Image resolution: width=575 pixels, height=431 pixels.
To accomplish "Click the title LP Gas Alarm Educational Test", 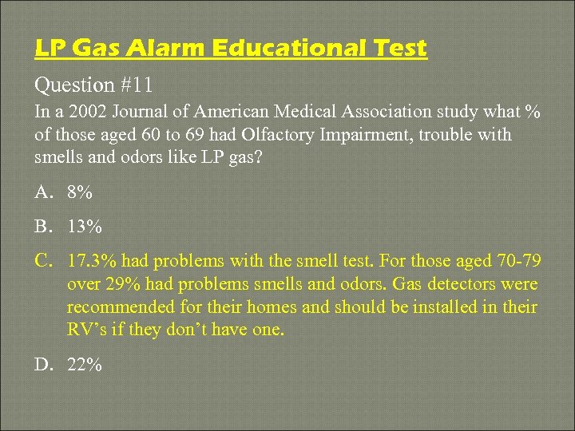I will click(231, 49).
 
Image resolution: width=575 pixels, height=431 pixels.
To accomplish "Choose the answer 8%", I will click(80, 192).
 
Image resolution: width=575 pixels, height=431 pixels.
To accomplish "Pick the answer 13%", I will click(85, 227).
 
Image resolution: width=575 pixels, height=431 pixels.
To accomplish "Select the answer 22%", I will click(85, 366).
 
